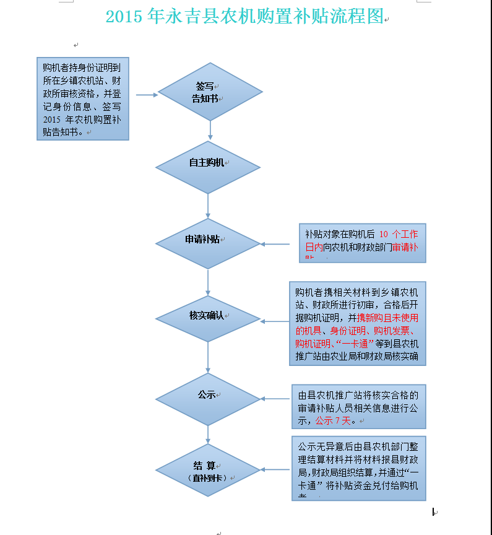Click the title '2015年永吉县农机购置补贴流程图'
(x=245, y=17)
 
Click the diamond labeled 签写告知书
(x=210, y=92)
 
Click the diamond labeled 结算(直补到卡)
(x=207, y=469)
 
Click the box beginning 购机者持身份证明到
(x=82, y=98)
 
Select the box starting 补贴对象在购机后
(x=362, y=243)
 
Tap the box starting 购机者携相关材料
(x=357, y=323)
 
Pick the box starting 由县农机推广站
(x=358, y=406)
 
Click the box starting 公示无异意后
(x=358, y=468)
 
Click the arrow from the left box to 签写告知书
(x=147, y=95)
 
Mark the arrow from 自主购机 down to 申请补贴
(x=208, y=206)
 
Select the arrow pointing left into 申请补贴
(x=275, y=244)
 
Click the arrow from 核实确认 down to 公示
(x=208, y=357)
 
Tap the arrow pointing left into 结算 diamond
(x=275, y=469)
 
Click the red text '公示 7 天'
(x=333, y=421)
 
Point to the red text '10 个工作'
(x=398, y=235)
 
